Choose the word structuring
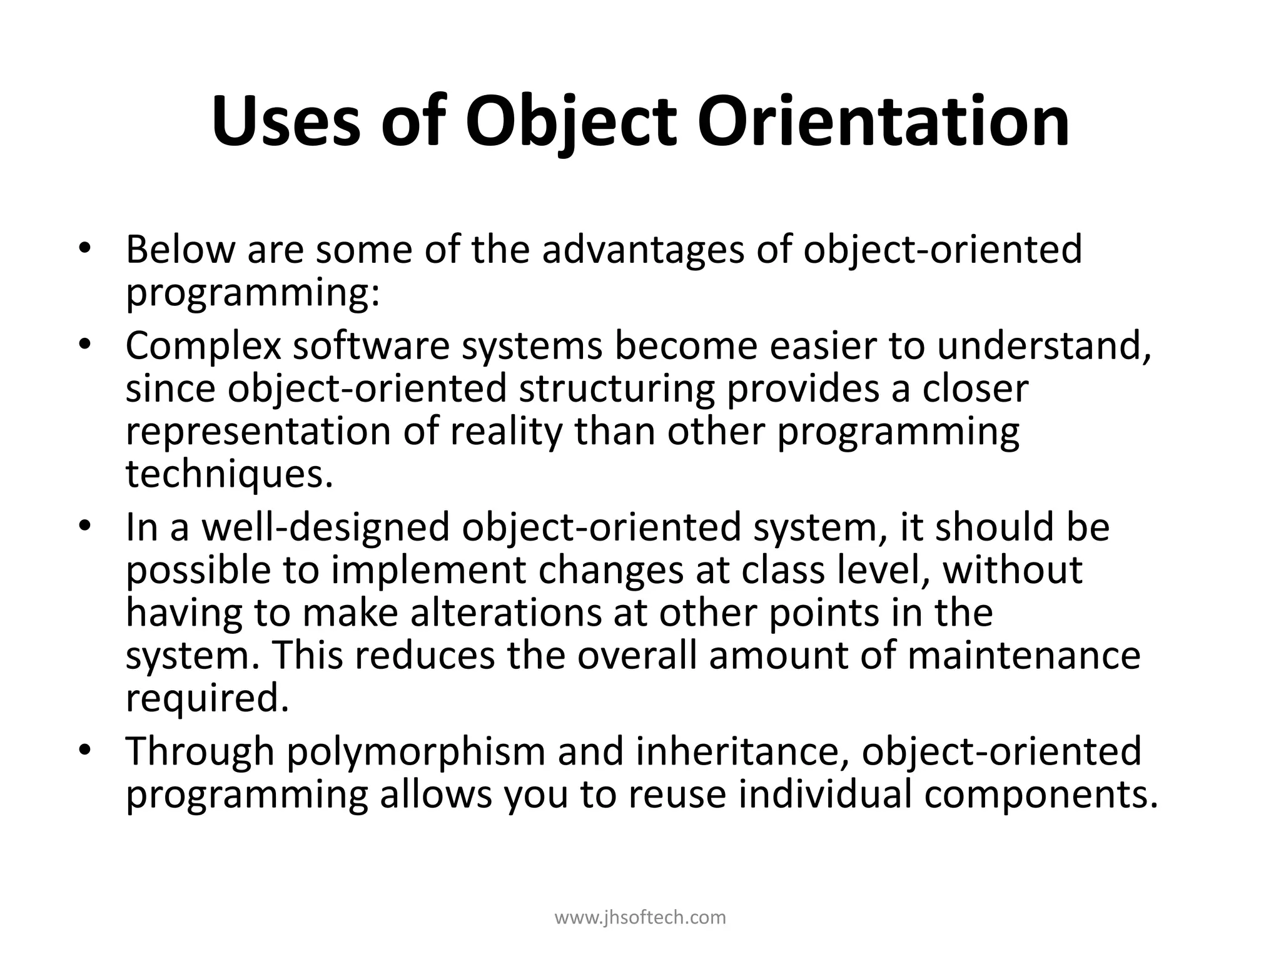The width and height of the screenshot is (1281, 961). pyautogui.click(x=616, y=389)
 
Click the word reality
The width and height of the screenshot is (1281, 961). pyautogui.click(x=506, y=432)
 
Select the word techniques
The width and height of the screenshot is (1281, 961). pyautogui.click(x=229, y=474)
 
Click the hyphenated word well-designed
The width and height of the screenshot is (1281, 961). pyautogui.click(x=325, y=527)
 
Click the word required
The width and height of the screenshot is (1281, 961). pyautogui.click(x=208, y=699)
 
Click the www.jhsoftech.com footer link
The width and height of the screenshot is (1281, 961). pyautogui.click(x=640, y=918)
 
